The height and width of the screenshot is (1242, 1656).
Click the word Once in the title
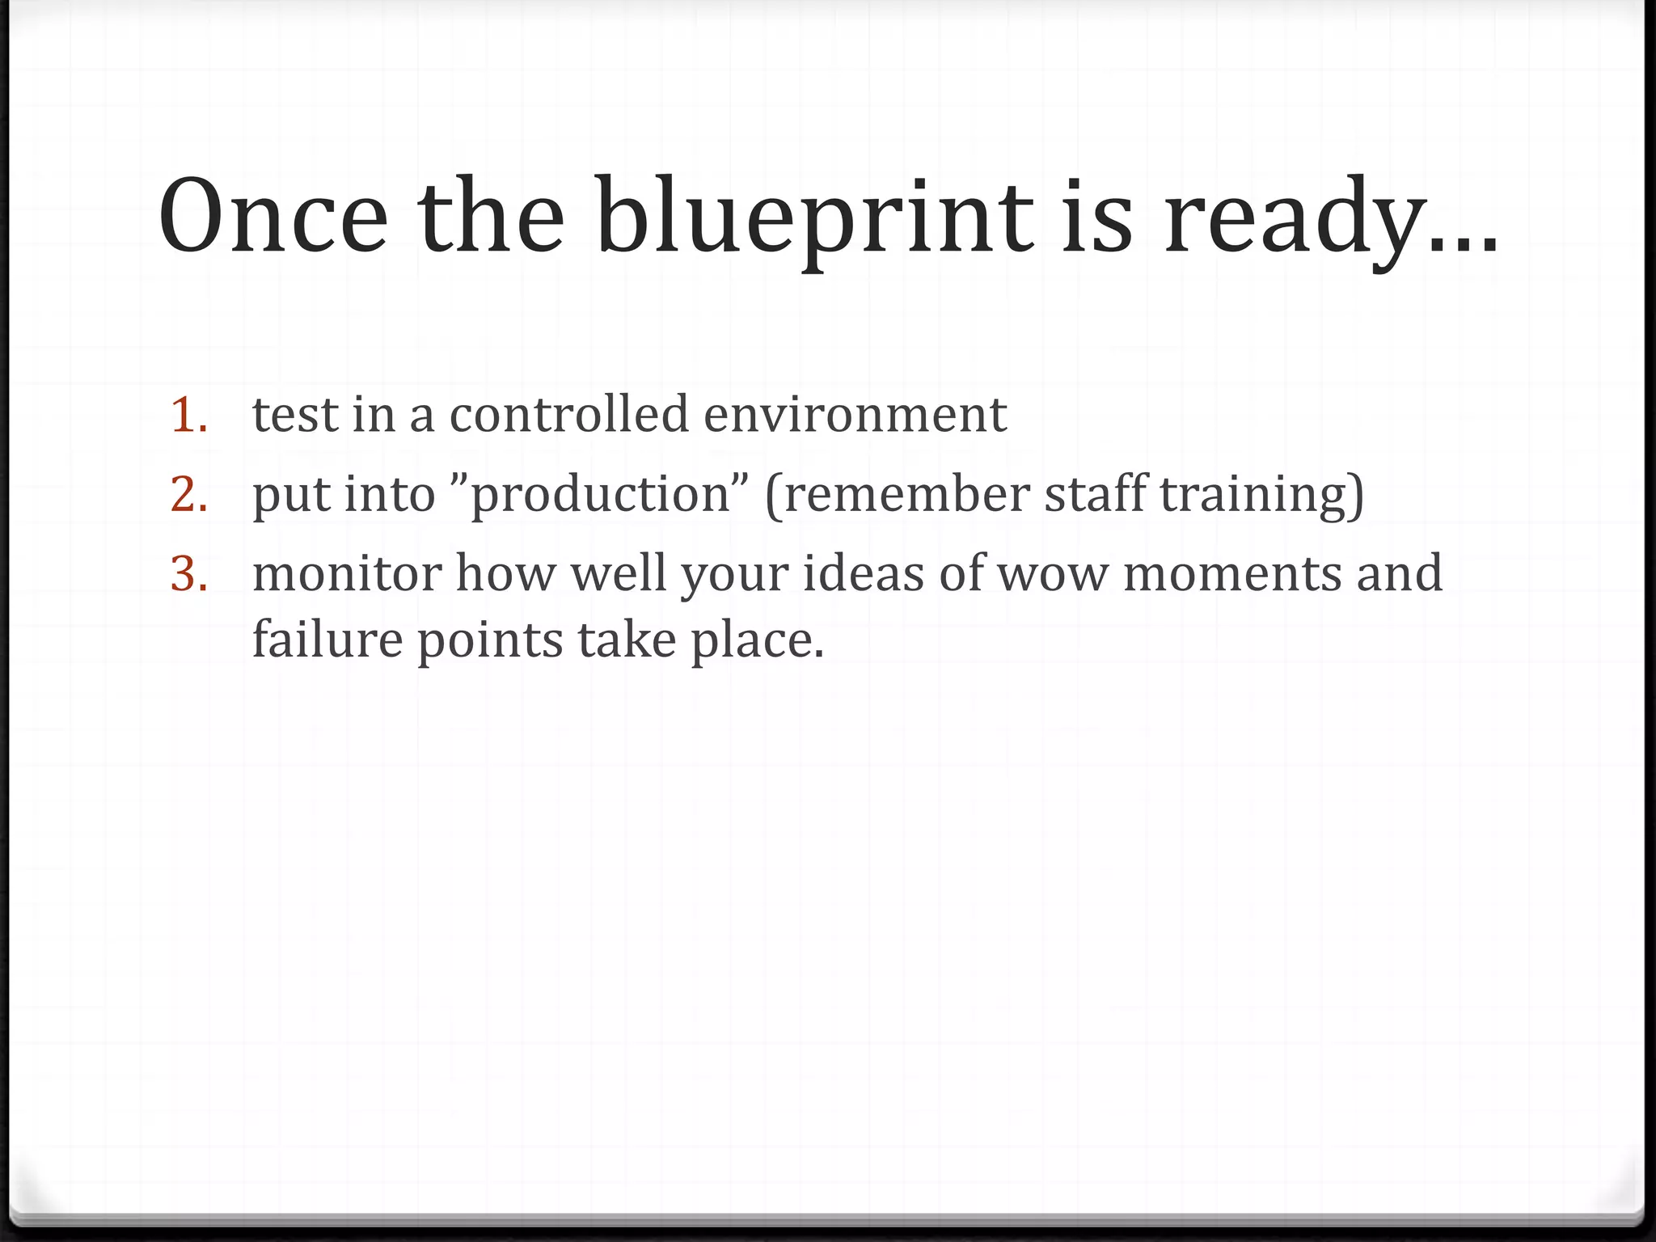[273, 217]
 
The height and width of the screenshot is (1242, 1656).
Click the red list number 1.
[189, 415]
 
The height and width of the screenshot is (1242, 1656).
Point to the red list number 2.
[189, 494]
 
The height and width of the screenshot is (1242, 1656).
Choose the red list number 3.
[189, 573]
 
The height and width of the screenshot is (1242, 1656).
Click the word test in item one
[294, 415]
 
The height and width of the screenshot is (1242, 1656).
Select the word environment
[855, 415]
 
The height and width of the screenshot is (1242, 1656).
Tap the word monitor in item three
[347, 573]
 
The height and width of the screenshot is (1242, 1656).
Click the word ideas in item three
[863, 573]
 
